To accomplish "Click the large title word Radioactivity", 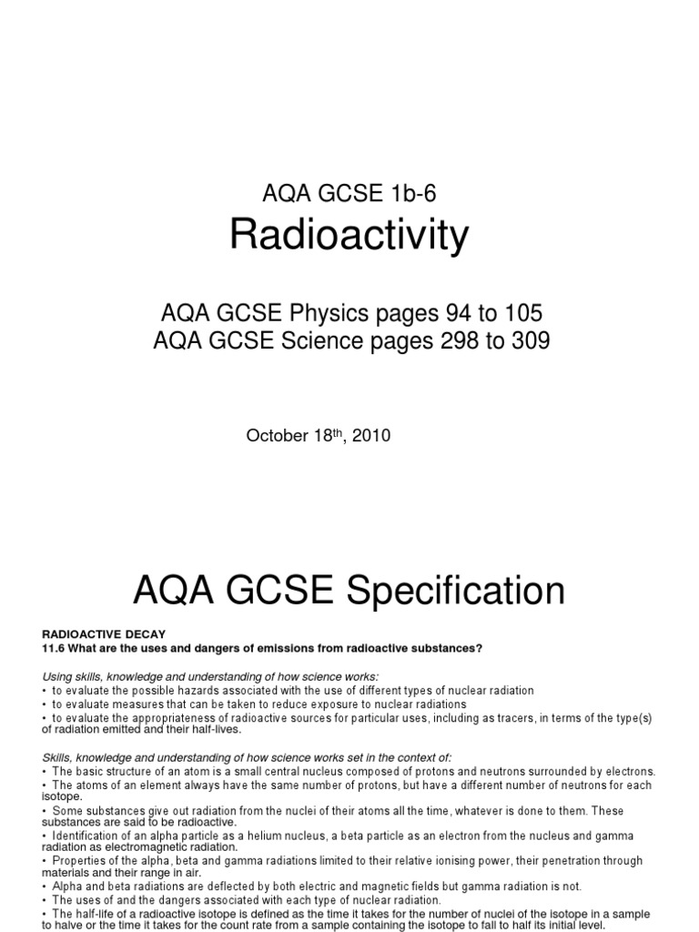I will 349,235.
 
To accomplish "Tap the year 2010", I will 372,436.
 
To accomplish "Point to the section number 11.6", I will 56,648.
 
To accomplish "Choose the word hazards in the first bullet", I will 195,691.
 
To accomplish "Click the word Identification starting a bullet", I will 87,836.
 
